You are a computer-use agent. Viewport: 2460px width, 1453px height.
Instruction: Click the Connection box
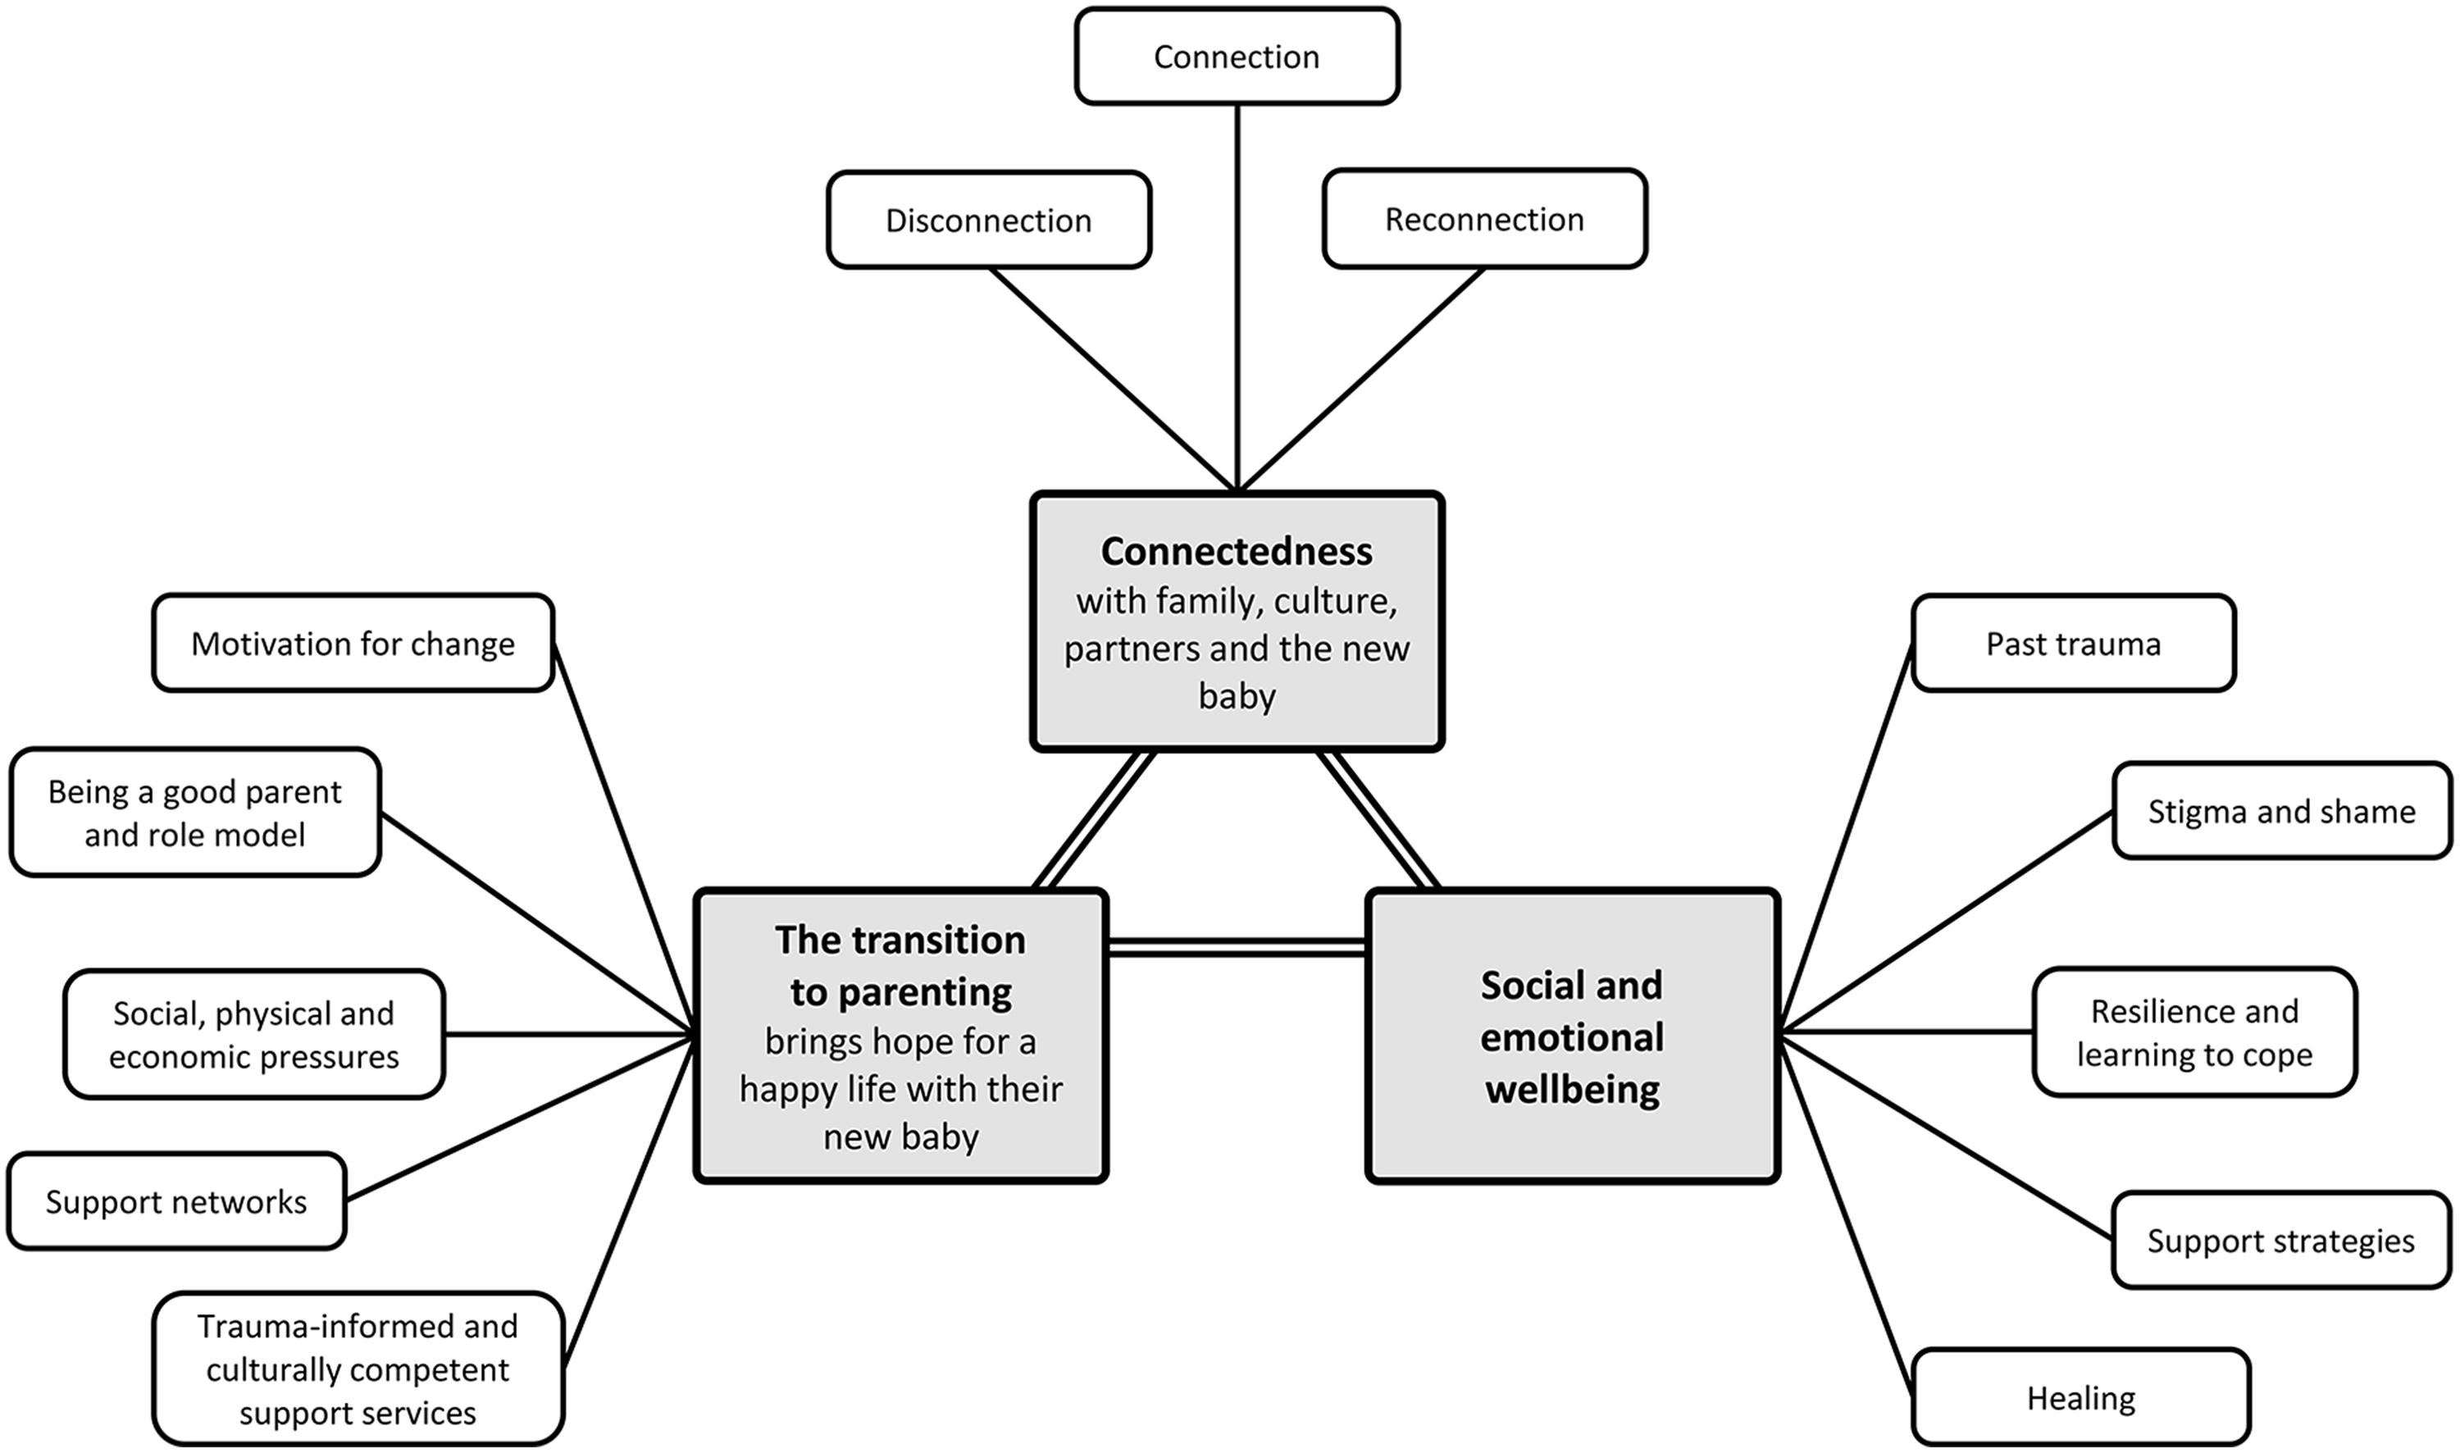(x=1237, y=57)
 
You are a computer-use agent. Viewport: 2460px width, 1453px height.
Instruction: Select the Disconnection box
(x=989, y=221)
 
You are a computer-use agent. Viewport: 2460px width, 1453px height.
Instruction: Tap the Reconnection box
(x=1484, y=219)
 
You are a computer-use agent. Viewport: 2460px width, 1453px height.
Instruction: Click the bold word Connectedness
(x=1237, y=551)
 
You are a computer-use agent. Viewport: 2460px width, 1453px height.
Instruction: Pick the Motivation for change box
(x=353, y=644)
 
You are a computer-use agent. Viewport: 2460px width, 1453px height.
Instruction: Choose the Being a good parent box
(x=195, y=813)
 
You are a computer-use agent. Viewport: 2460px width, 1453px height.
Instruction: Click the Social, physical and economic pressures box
(x=253, y=1034)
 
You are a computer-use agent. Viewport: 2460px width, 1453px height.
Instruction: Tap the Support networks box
(x=176, y=1201)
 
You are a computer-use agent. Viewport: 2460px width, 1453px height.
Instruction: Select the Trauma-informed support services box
(x=358, y=1369)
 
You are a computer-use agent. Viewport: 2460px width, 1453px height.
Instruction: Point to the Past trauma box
(x=2073, y=644)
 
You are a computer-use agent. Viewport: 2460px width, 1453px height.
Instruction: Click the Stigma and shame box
(x=2281, y=811)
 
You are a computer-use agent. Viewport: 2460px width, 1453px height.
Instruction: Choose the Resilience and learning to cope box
(x=2193, y=1032)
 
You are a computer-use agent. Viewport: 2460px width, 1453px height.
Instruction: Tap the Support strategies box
(x=2281, y=1241)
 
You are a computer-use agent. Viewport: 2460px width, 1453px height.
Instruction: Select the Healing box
(x=2080, y=1398)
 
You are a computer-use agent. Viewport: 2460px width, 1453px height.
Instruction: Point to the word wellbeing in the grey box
(x=1572, y=1089)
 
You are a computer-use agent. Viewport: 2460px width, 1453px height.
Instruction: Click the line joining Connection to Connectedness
(x=1237, y=294)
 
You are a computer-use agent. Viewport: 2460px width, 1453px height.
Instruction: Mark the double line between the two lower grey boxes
(x=1237, y=947)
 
